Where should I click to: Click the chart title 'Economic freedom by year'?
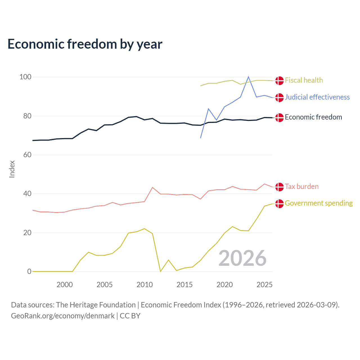(85, 44)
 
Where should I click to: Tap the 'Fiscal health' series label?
(304, 80)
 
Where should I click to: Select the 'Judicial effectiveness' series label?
(317, 97)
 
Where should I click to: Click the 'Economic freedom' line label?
(313, 117)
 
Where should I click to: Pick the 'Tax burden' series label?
(301, 187)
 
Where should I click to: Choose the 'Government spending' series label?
(319, 203)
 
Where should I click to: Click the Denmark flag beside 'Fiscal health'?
(279, 81)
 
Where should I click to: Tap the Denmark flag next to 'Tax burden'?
(279, 187)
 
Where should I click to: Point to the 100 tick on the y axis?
(25, 77)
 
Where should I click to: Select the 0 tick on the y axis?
(29, 272)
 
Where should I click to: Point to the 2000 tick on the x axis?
(65, 285)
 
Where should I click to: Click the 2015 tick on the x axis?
(184, 285)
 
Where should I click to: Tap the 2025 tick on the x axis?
(264, 285)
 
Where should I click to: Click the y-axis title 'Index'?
(12, 169)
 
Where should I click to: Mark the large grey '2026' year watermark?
(242, 258)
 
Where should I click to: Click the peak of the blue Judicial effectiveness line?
(248, 77)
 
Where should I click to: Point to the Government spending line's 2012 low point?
(160, 271)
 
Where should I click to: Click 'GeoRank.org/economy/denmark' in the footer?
(63, 316)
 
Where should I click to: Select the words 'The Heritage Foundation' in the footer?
(96, 305)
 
